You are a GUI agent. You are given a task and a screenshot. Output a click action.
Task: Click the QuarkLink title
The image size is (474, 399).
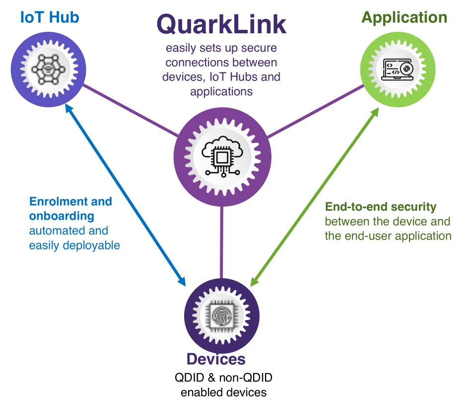221,23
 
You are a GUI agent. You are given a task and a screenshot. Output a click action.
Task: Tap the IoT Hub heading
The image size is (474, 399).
50,17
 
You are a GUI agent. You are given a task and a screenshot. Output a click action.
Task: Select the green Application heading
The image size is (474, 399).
404,17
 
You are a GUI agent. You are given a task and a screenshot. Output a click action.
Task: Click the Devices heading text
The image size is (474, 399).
216,359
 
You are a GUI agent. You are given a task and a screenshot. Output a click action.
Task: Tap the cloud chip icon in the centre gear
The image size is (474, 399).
222,155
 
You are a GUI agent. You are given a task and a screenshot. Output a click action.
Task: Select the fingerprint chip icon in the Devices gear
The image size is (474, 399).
221,316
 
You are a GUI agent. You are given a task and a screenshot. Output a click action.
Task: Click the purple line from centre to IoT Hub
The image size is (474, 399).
130,110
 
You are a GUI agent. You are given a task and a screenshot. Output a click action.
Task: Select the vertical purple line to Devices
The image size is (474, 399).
222,239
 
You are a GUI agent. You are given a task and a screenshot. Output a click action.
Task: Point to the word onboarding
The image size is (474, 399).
62,216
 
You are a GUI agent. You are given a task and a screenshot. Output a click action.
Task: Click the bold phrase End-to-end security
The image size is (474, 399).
381,206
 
